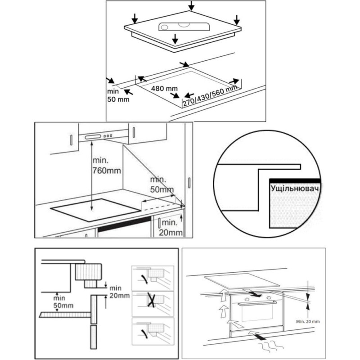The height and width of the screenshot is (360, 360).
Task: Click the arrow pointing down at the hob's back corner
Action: tap(192, 5)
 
